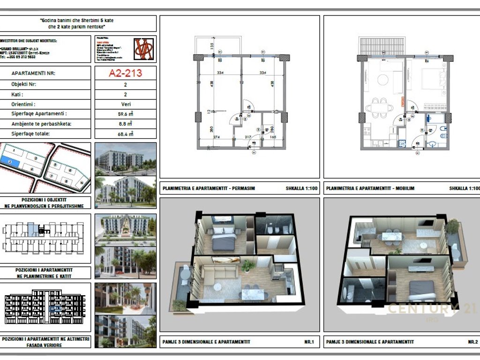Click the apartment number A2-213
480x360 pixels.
[125, 73]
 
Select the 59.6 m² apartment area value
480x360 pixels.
[125, 114]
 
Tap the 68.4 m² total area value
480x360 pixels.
[125, 134]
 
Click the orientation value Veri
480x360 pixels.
[125, 104]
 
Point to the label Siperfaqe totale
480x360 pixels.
[30, 134]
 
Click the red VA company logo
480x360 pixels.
[144, 49]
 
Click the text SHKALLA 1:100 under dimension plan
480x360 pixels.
[302, 189]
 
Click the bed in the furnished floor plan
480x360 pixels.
[432, 78]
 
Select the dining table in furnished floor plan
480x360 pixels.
[380, 107]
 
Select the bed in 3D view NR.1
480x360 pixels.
[224, 238]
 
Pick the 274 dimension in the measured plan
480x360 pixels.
[216, 136]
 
